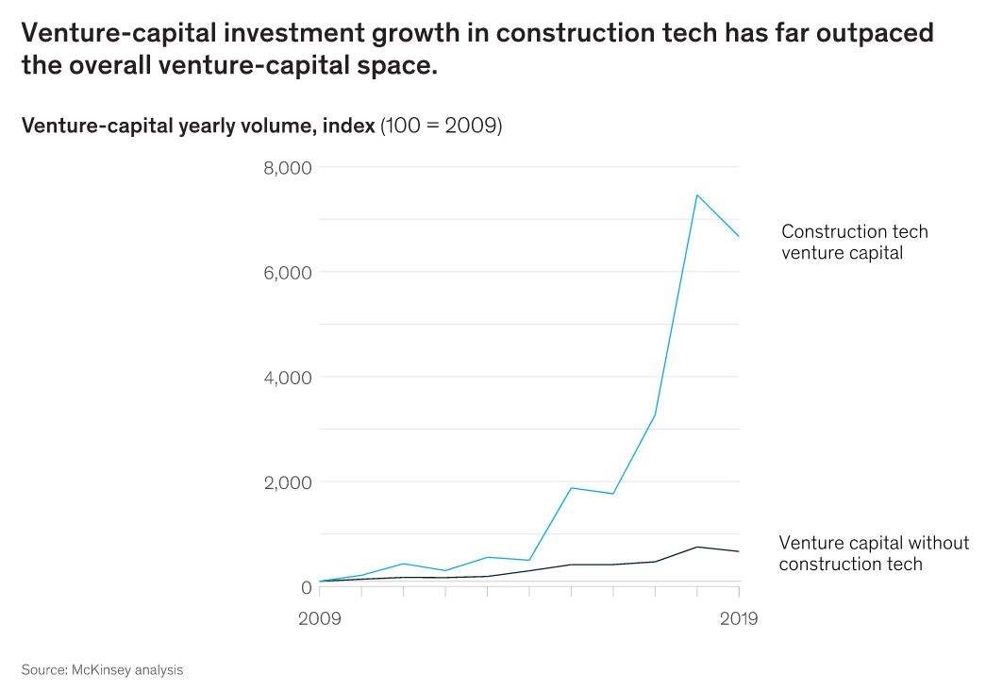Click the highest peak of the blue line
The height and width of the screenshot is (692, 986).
tap(696, 195)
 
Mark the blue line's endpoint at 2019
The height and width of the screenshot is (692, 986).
tap(738, 237)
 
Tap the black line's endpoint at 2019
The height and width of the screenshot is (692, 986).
tap(738, 551)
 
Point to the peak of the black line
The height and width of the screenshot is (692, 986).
tap(696, 547)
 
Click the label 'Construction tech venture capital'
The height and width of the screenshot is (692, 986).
tap(854, 242)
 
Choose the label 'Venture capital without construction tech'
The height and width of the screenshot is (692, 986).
tap(873, 553)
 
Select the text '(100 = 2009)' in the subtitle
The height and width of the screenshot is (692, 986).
tap(441, 126)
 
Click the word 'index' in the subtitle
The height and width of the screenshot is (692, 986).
tap(348, 126)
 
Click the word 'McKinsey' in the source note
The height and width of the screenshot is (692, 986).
tap(102, 670)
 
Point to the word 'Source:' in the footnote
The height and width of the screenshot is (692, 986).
tap(43, 670)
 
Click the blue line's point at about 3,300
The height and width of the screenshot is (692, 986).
tap(655, 414)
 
